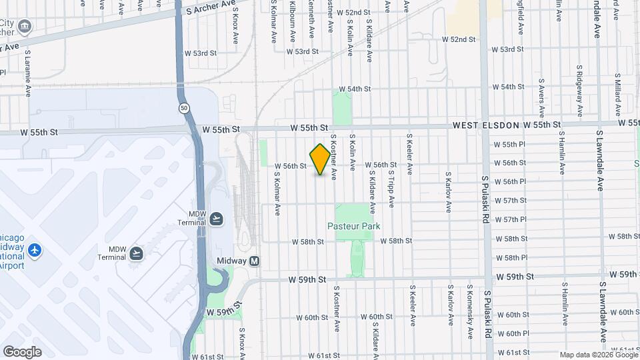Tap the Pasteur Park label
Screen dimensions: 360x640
point(353,226)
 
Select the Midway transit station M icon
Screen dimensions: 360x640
point(255,261)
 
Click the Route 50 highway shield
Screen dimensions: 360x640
point(183,107)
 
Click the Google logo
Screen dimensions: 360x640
point(22,351)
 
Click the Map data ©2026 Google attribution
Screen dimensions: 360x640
point(597,355)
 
